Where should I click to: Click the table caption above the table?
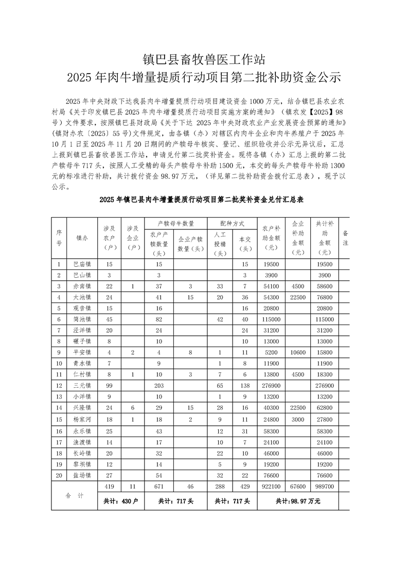pyautogui.click(x=204, y=200)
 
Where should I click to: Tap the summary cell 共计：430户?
pyautogui.click(x=118, y=501)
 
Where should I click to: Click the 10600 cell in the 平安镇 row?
pyautogui.click(x=298, y=352)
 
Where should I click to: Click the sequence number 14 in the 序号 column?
pyautogui.click(x=59, y=408)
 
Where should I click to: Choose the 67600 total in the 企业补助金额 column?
pyautogui.click(x=298, y=486)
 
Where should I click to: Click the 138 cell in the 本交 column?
pyautogui.click(x=245, y=386)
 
